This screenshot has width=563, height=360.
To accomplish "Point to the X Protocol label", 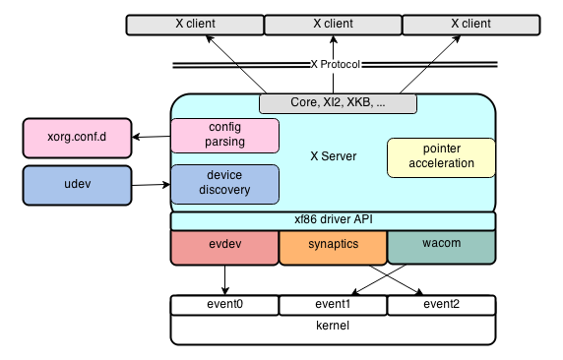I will coord(337,66).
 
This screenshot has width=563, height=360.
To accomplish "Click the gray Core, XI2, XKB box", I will coord(338,103).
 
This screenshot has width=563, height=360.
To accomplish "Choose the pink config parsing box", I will coord(225,136).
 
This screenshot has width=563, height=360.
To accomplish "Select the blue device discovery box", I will coord(225,183).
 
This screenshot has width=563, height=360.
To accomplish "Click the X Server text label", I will coord(333,156).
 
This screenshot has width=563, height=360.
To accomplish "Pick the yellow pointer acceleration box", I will coord(440,156).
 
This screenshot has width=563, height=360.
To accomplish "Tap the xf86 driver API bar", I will coord(333,221).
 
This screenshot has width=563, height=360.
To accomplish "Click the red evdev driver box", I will coord(224,248).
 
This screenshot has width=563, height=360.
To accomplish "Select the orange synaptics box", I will coord(333,248).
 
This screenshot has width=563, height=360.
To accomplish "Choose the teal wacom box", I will coord(440,248).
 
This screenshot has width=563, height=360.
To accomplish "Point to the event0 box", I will coord(224,305).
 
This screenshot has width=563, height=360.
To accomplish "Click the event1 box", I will coord(333,305).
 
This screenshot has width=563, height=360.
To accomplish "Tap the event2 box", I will coord(440,305).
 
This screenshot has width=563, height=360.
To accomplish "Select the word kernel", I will coord(332,326).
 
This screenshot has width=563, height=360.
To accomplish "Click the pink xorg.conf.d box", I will coord(77,139).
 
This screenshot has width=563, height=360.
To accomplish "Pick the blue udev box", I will coord(77,185).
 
